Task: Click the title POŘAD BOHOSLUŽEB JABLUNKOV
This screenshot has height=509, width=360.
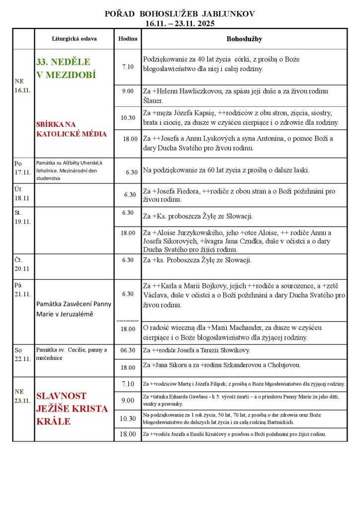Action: click(x=180, y=14)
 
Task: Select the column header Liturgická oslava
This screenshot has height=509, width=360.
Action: click(x=74, y=38)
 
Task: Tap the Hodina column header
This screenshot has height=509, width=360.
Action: click(x=127, y=38)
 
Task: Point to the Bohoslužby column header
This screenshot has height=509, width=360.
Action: click(x=244, y=38)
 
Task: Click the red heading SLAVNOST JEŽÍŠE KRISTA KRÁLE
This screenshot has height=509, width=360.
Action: click(x=72, y=409)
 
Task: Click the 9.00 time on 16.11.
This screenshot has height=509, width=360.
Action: click(x=128, y=91)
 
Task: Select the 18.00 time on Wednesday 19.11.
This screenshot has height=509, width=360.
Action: click(x=128, y=232)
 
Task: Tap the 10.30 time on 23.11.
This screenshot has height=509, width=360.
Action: click(x=128, y=419)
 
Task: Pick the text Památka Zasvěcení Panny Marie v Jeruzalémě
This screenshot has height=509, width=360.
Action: click(x=74, y=309)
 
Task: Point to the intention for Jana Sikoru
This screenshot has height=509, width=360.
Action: click(x=228, y=365)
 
